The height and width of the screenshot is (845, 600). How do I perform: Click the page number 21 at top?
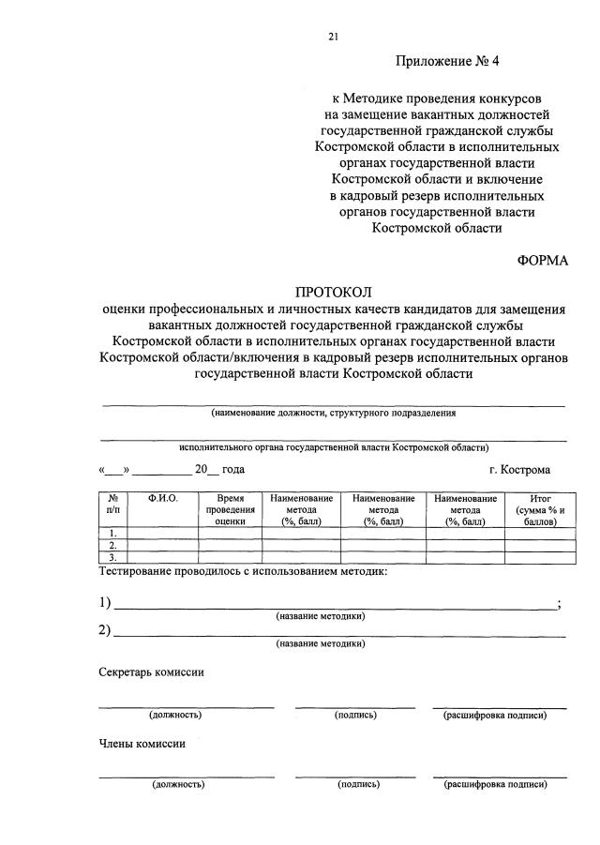333,37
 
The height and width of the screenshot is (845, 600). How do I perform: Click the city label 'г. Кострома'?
519,469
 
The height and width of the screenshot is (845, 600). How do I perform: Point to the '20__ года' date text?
219,469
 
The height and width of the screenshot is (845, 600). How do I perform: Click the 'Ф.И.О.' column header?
162,499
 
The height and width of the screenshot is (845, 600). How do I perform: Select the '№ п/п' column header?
112,505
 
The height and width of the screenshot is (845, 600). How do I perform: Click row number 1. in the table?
112,533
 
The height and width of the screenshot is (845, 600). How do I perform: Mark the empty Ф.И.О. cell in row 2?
162,545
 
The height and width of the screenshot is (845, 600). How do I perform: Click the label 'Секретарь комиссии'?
151,671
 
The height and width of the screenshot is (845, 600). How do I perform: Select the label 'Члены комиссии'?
142,743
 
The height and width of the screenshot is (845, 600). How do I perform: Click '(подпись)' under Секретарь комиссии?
355,715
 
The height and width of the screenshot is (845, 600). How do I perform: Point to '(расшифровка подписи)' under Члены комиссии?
496,784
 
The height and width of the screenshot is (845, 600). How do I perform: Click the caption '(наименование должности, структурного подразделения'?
333,412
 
